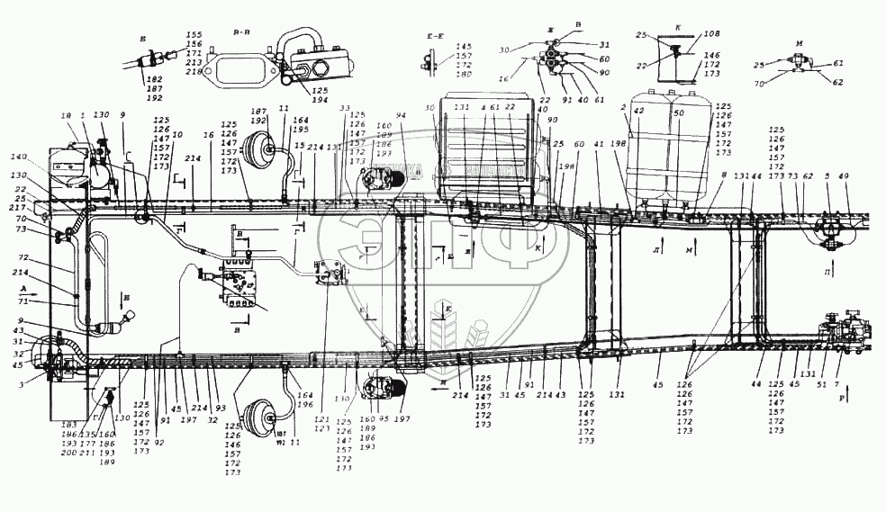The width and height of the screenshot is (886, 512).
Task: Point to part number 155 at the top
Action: pyautogui.click(x=194, y=35)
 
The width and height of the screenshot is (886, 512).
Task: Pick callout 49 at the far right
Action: pyautogui.click(x=845, y=176)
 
